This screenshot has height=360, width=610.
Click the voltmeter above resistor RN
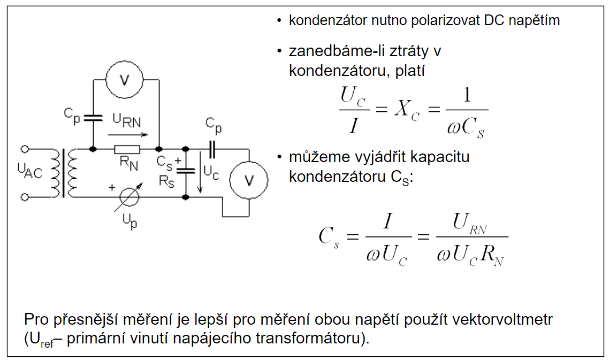(124, 80)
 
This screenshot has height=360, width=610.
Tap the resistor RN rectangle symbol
(127, 149)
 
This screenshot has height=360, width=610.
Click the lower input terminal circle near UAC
(24, 197)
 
